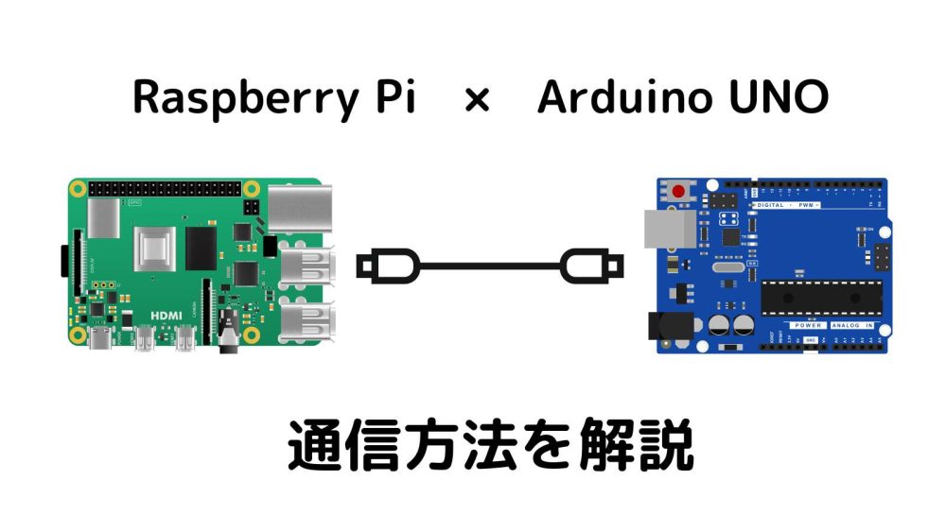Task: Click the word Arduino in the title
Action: (x=623, y=97)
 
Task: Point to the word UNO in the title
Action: (x=775, y=97)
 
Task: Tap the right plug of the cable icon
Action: (x=591, y=266)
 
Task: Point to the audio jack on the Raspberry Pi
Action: (x=228, y=335)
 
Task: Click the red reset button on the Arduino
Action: (x=678, y=192)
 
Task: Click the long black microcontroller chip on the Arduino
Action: (x=820, y=299)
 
